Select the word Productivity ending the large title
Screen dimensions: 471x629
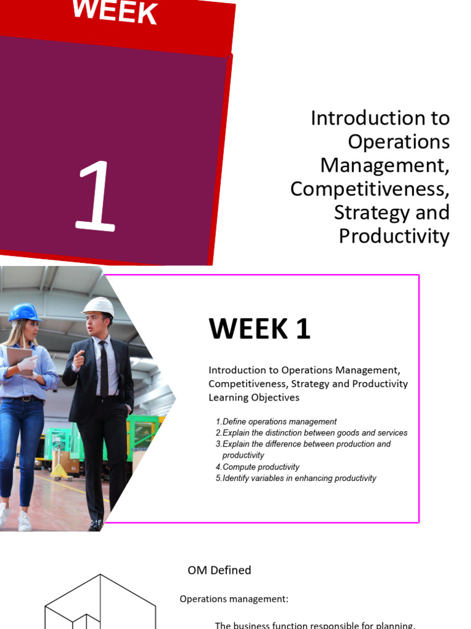394,236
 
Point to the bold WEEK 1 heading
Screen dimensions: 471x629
259,329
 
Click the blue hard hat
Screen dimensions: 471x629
25,313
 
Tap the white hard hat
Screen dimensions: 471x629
99,307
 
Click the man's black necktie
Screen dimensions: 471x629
104,369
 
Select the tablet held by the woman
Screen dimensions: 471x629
20,360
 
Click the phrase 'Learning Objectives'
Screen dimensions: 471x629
254,397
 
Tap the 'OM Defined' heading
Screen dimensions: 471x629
220,570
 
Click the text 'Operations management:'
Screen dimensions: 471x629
234,599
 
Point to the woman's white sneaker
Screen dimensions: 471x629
25,521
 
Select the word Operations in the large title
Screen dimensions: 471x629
399,142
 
